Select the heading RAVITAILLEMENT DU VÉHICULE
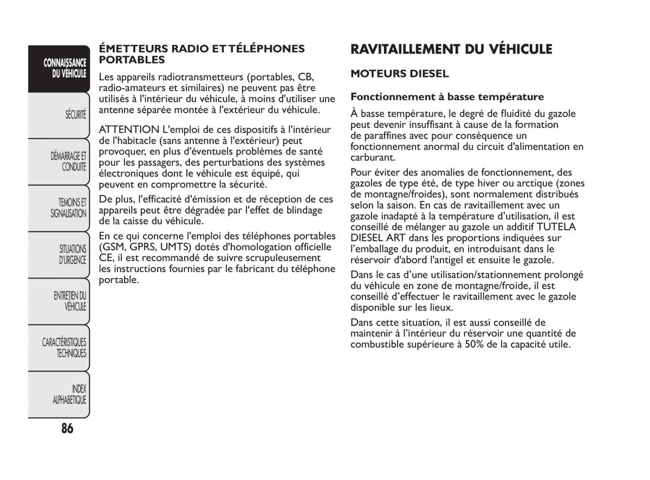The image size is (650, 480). pos(451,49)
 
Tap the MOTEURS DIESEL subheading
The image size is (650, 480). pos(400,73)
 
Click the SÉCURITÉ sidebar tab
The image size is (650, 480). pos(76,115)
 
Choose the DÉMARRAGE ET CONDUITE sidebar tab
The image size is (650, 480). pos(69,161)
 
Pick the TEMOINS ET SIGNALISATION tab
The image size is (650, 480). pos(69,208)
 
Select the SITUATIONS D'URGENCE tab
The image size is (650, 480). pos(73,255)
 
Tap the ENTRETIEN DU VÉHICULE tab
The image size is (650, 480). pos(70,301)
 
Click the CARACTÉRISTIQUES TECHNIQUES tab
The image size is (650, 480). pos(64,348)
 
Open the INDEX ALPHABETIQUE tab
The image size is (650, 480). pos(70,394)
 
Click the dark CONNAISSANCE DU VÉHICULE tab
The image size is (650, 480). pos(66,68)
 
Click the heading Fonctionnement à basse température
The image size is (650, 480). pos(447,97)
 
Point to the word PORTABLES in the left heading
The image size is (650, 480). pos(132,60)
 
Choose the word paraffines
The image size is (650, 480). pos(387,135)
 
